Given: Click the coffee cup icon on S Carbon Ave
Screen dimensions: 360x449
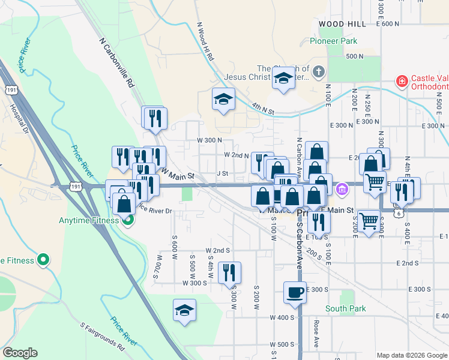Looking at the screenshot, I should (x=295, y=292).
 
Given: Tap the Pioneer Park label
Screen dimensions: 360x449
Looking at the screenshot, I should (x=333, y=41).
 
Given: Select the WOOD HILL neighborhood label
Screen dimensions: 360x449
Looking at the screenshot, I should (x=342, y=23).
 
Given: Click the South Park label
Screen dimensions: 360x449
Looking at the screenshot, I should (x=345, y=308).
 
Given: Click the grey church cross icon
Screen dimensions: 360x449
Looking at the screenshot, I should (x=318, y=72).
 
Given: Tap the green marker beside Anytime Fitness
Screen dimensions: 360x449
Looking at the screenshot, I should (x=127, y=220).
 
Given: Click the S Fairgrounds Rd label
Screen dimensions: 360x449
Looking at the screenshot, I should (x=102, y=336).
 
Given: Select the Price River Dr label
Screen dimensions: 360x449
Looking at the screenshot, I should (x=154, y=211).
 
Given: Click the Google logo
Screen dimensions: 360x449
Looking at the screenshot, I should (x=20, y=353).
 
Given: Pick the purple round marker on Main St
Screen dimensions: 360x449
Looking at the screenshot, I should (x=342, y=189).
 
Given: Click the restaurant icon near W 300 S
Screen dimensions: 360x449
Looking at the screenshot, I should (x=229, y=272).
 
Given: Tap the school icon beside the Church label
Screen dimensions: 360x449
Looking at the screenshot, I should (x=283, y=79).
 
